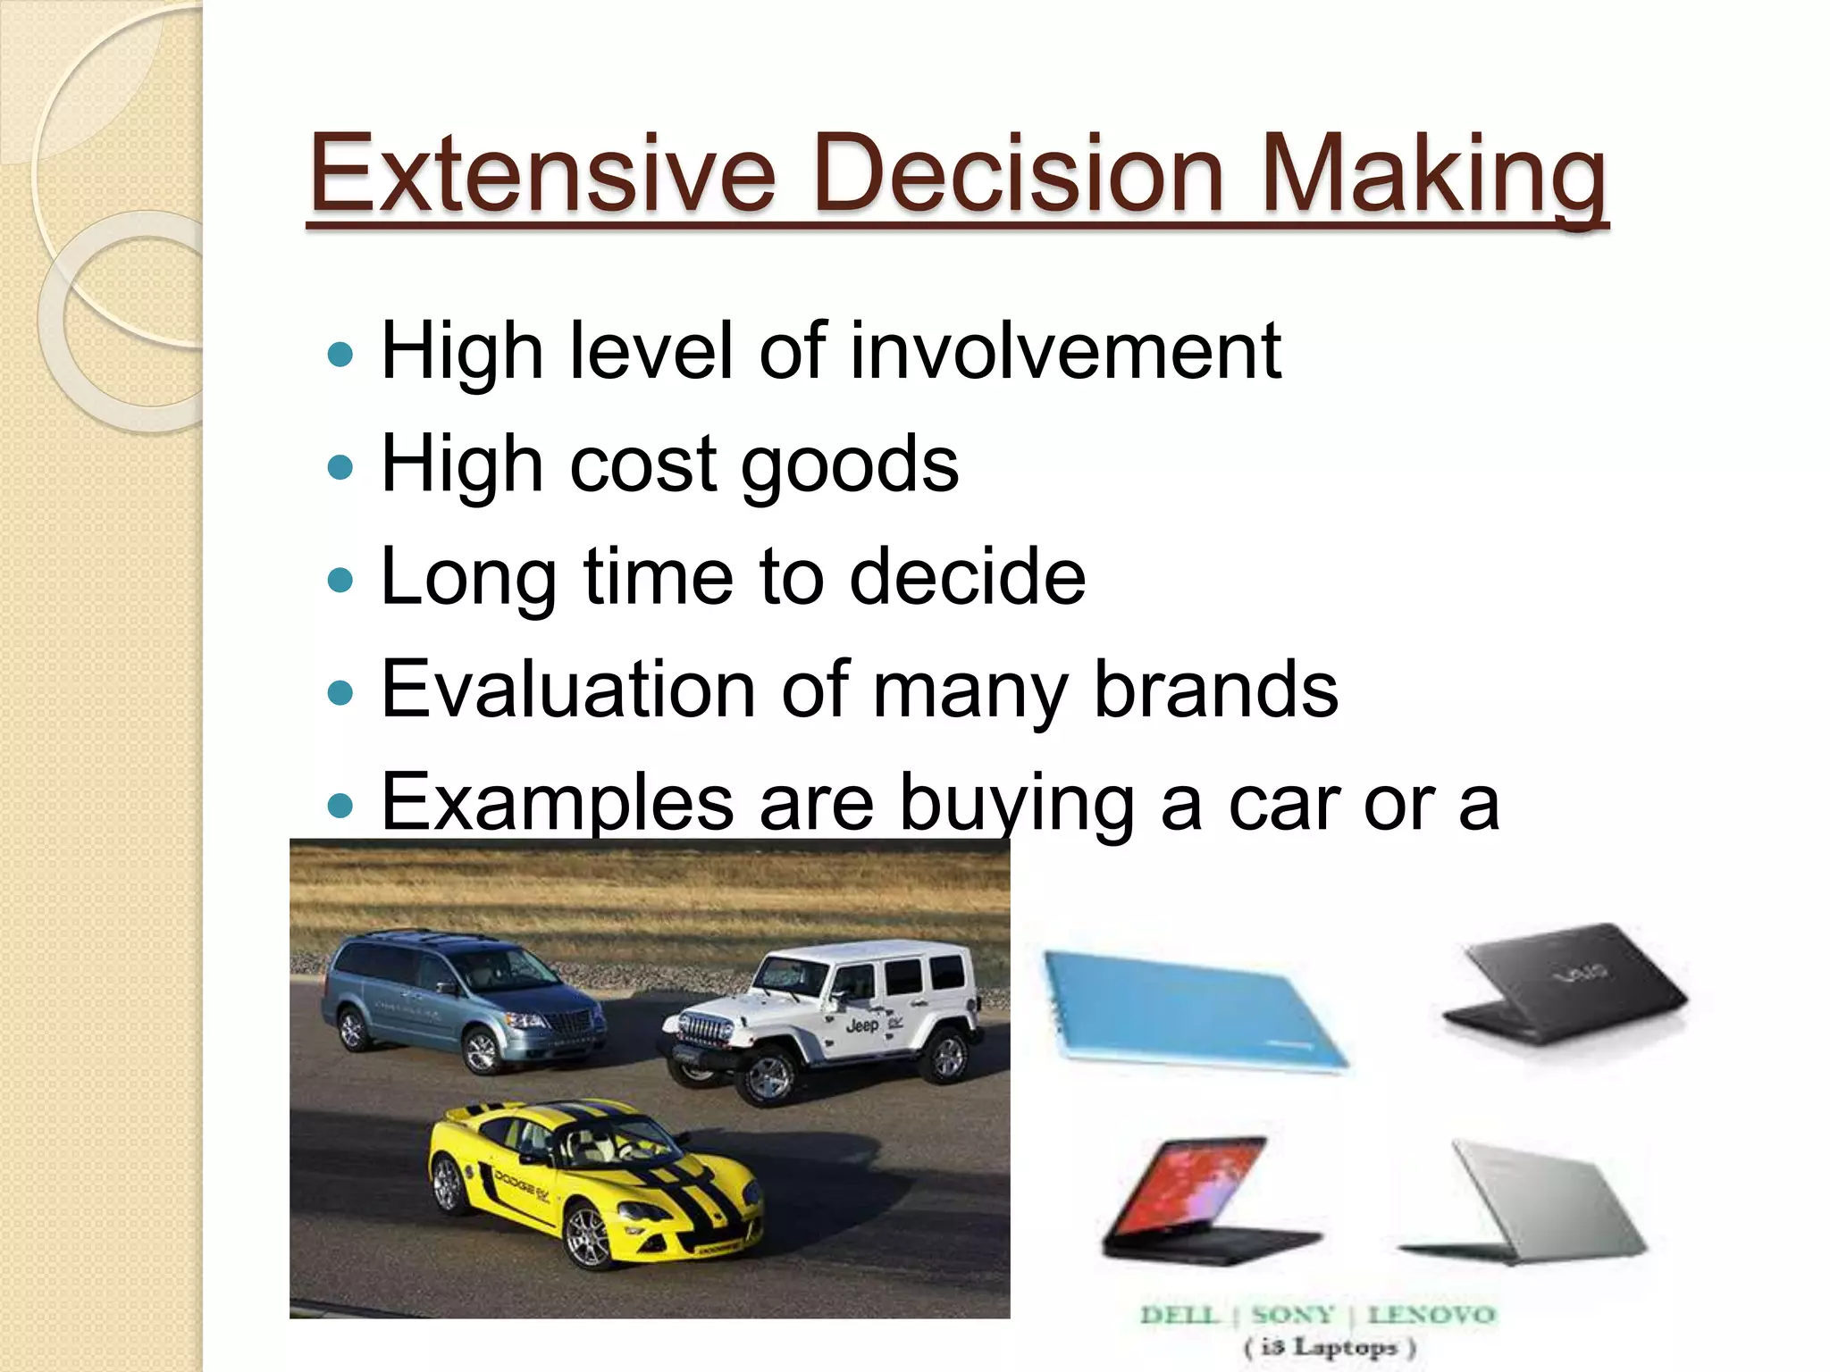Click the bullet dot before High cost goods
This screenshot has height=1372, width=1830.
point(340,467)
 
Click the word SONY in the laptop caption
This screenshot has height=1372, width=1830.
point(1292,1316)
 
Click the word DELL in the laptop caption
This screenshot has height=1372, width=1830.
point(1179,1316)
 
